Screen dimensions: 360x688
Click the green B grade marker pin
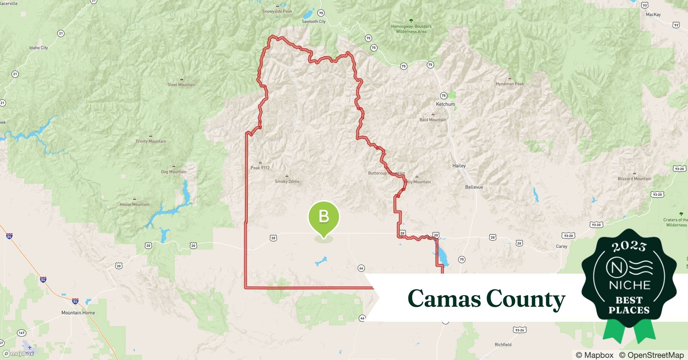click(323, 217)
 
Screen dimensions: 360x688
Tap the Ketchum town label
click(445, 104)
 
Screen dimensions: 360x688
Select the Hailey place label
click(459, 166)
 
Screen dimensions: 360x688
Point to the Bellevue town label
click(474, 187)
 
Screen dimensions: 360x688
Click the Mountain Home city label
click(78, 312)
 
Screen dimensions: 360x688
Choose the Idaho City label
click(39, 48)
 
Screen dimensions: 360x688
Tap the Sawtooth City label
click(313, 22)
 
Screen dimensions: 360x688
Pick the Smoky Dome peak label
click(287, 181)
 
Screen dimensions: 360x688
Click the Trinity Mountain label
click(151, 141)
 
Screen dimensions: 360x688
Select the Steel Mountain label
click(181, 85)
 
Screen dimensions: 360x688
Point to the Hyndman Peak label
click(510, 84)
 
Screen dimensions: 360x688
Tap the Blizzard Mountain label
click(634, 179)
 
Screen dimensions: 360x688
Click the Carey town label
click(561, 247)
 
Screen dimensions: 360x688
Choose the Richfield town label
click(503, 345)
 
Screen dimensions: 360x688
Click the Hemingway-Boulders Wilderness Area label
click(411, 29)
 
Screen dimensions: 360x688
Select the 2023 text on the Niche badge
click(629, 246)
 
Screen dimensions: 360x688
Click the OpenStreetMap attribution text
click(651, 355)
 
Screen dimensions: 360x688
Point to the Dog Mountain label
click(174, 172)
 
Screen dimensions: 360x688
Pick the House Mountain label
click(134, 204)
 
